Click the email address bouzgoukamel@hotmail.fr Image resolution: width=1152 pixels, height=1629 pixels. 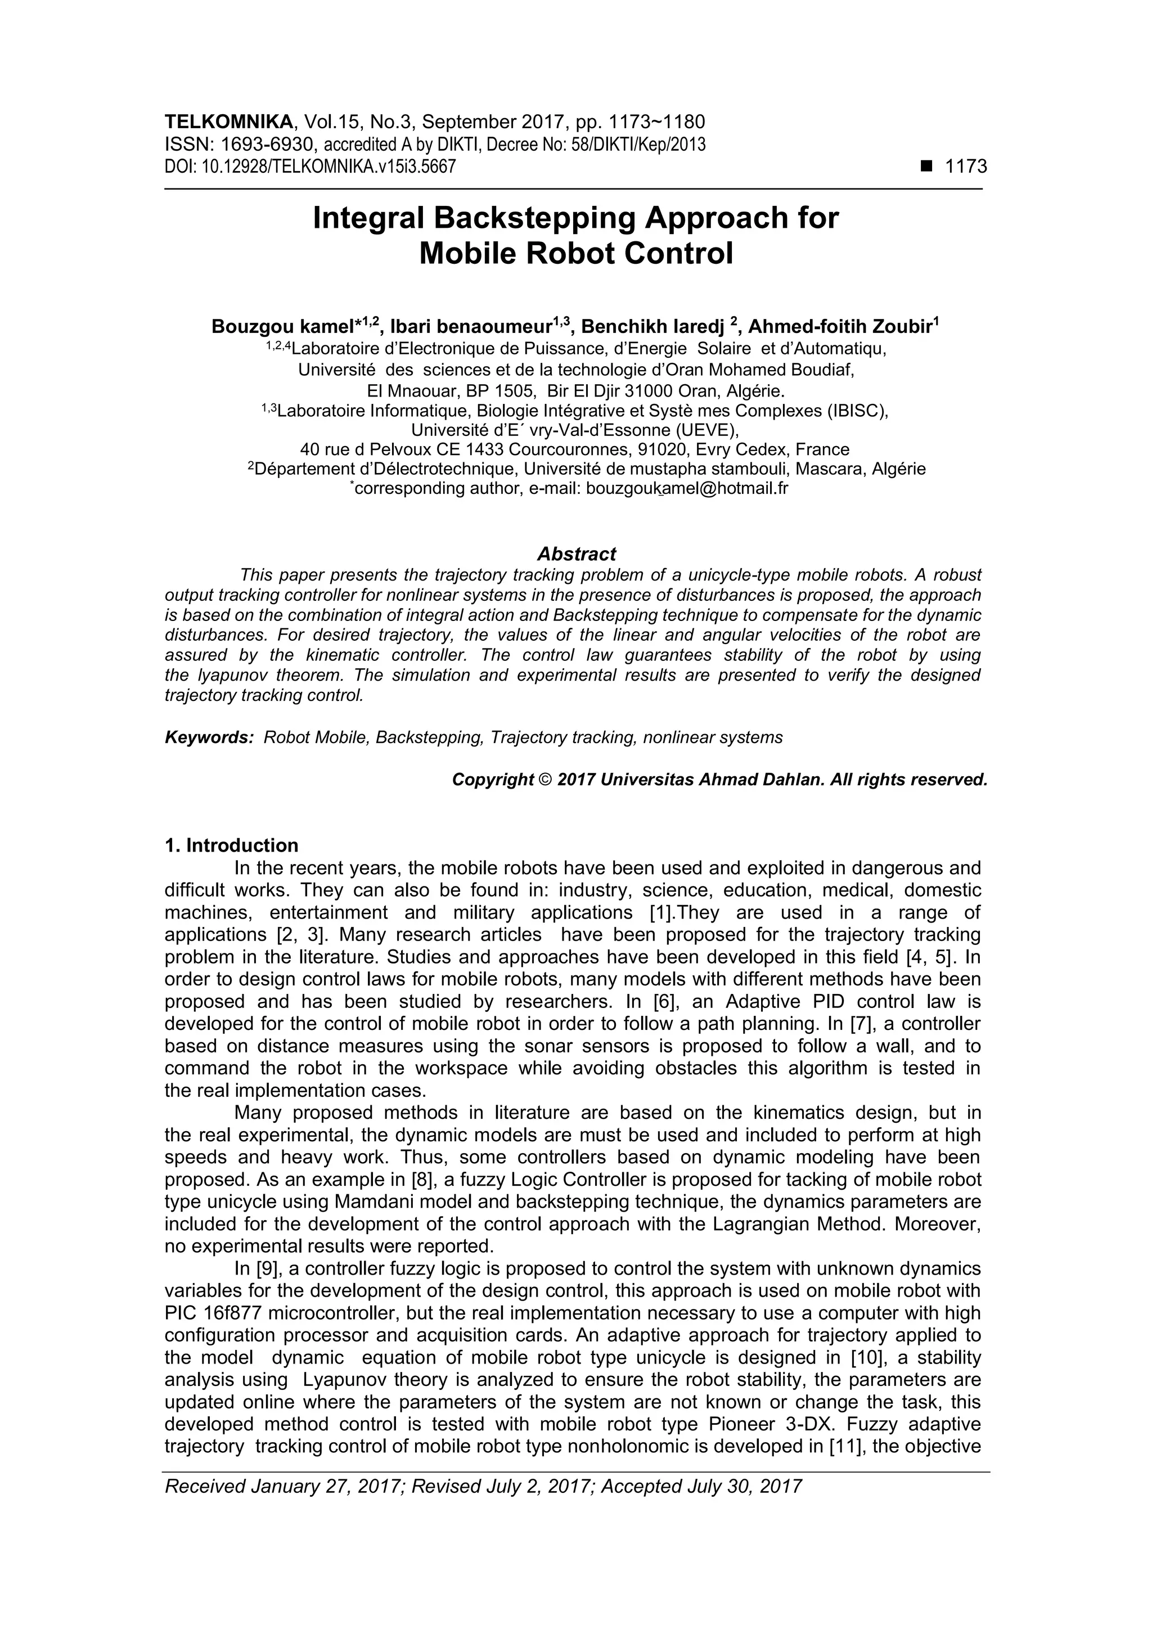point(687,488)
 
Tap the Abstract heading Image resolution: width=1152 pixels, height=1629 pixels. point(576,553)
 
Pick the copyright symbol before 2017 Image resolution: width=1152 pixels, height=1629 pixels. point(545,780)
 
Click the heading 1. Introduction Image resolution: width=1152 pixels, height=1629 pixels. point(231,845)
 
